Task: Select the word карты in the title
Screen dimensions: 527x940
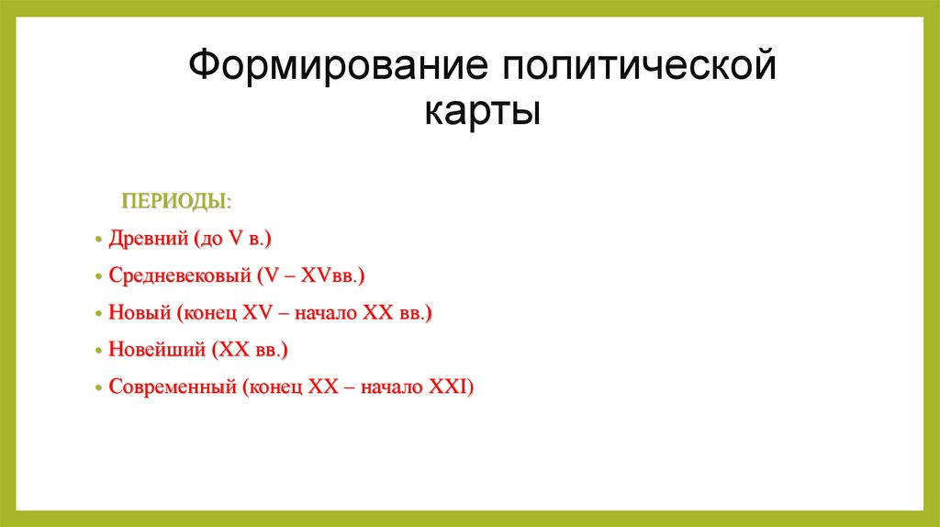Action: pos(482,113)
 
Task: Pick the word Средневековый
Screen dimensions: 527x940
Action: pos(178,275)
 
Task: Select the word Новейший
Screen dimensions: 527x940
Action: pos(154,351)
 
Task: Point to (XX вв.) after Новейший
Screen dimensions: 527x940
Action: pos(250,351)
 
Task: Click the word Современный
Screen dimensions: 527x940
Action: pos(172,387)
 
